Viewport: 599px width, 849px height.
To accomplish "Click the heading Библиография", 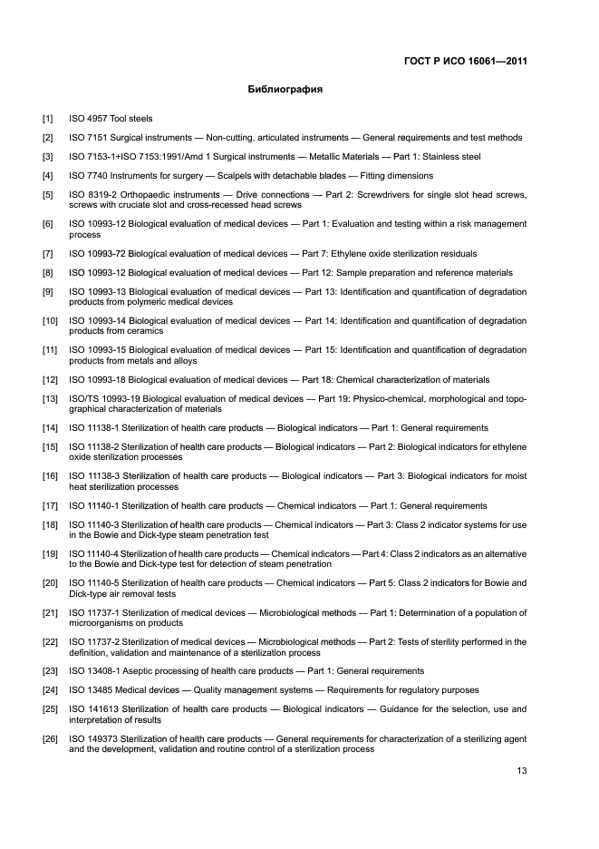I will pos(285,91).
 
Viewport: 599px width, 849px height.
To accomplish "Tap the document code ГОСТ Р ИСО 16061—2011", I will pos(465,62).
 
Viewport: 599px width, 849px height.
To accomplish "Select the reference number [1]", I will pos(47,119).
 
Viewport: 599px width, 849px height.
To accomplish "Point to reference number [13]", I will pos(50,399).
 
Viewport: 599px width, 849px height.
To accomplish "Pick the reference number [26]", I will pos(50,739).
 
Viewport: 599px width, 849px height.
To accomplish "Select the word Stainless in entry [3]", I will pos(444,157).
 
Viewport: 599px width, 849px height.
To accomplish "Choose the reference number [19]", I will pos(50,555).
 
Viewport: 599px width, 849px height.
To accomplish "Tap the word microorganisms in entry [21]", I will pos(101,623).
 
